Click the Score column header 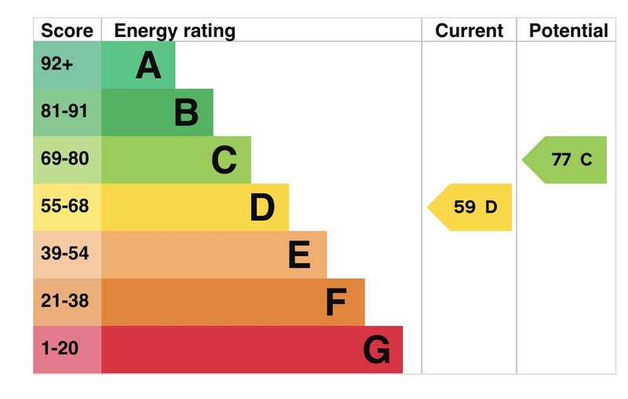(x=67, y=31)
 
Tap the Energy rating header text (x=174, y=31)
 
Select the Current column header (x=469, y=31)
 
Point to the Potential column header (x=568, y=31)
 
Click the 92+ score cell (x=57, y=64)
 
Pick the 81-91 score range (x=64, y=112)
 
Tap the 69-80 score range (x=64, y=159)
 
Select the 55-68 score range (x=64, y=207)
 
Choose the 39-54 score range (x=64, y=254)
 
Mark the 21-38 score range (x=64, y=301)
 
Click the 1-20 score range (x=60, y=348)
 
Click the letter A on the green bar (x=148, y=65)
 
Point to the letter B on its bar (x=186, y=112)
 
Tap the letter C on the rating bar (x=224, y=160)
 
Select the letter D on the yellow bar (x=262, y=207)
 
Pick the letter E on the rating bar (x=299, y=254)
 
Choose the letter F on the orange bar (x=336, y=302)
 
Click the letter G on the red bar (x=376, y=350)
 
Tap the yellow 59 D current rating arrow (x=471, y=207)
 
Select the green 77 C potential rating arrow (x=567, y=159)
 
